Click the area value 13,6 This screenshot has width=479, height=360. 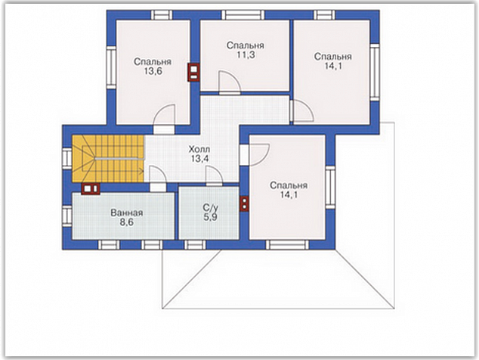tap(153, 72)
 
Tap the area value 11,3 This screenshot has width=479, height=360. tap(246, 55)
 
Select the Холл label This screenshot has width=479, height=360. tap(199, 150)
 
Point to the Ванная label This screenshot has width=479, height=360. tap(127, 213)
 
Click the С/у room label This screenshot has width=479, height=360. tap(211, 208)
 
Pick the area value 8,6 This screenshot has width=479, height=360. tap(126, 222)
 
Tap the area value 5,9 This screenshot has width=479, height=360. tap(211, 218)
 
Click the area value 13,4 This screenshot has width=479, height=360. tap(199, 159)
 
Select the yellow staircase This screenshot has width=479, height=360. tap(108, 159)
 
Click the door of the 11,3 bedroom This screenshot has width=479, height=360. tap(230, 82)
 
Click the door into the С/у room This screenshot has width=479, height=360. tap(214, 176)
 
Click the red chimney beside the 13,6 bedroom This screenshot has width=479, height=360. tap(194, 73)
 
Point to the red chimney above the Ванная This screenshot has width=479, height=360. tap(91, 189)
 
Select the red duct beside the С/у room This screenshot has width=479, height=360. tap(244, 204)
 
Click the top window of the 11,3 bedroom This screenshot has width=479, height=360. tap(243, 15)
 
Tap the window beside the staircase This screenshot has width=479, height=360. tap(67, 158)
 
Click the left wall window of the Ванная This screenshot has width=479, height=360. tap(67, 216)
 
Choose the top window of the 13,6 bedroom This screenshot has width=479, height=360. tap(162, 15)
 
